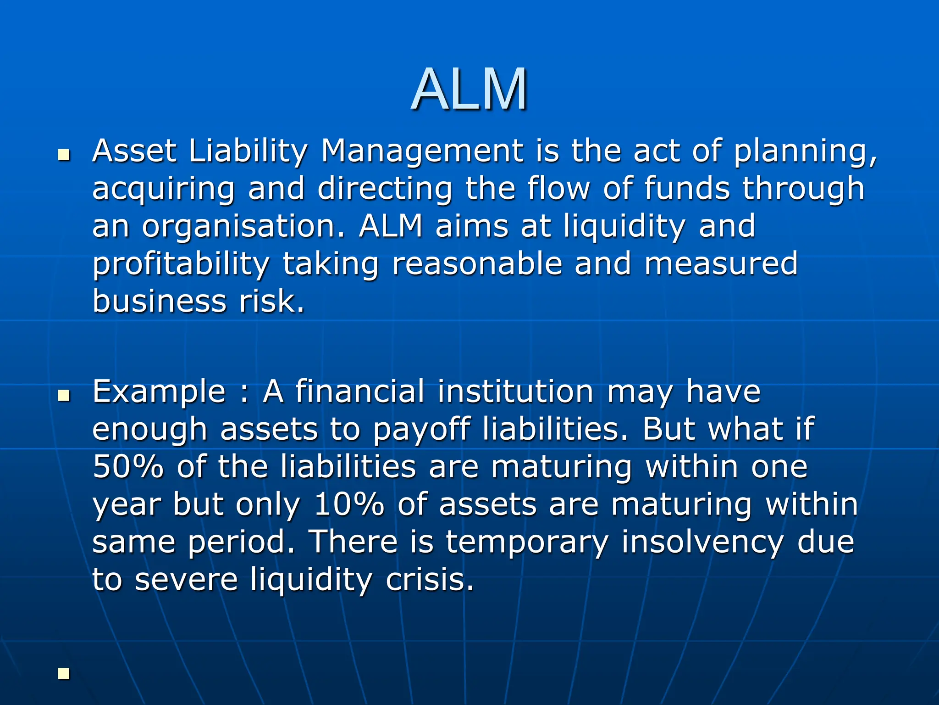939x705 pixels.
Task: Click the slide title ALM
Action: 469,89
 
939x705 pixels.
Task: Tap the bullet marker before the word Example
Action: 64,395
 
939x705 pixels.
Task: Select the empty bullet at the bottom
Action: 64,674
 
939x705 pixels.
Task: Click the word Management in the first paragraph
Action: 422,151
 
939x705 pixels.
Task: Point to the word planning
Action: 805,151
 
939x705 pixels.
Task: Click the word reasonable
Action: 477,264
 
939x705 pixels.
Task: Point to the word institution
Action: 515,392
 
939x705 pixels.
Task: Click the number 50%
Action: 128,467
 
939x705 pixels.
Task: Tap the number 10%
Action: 349,505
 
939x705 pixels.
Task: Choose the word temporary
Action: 527,543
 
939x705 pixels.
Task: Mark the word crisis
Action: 430,580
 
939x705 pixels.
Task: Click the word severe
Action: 186,580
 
